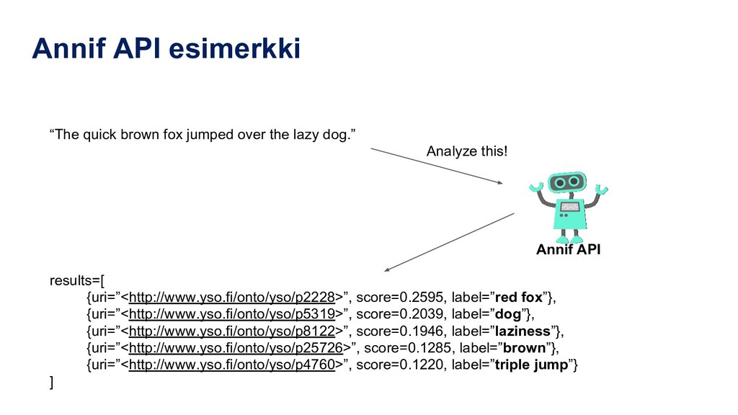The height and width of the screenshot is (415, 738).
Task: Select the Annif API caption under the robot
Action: click(x=568, y=250)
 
